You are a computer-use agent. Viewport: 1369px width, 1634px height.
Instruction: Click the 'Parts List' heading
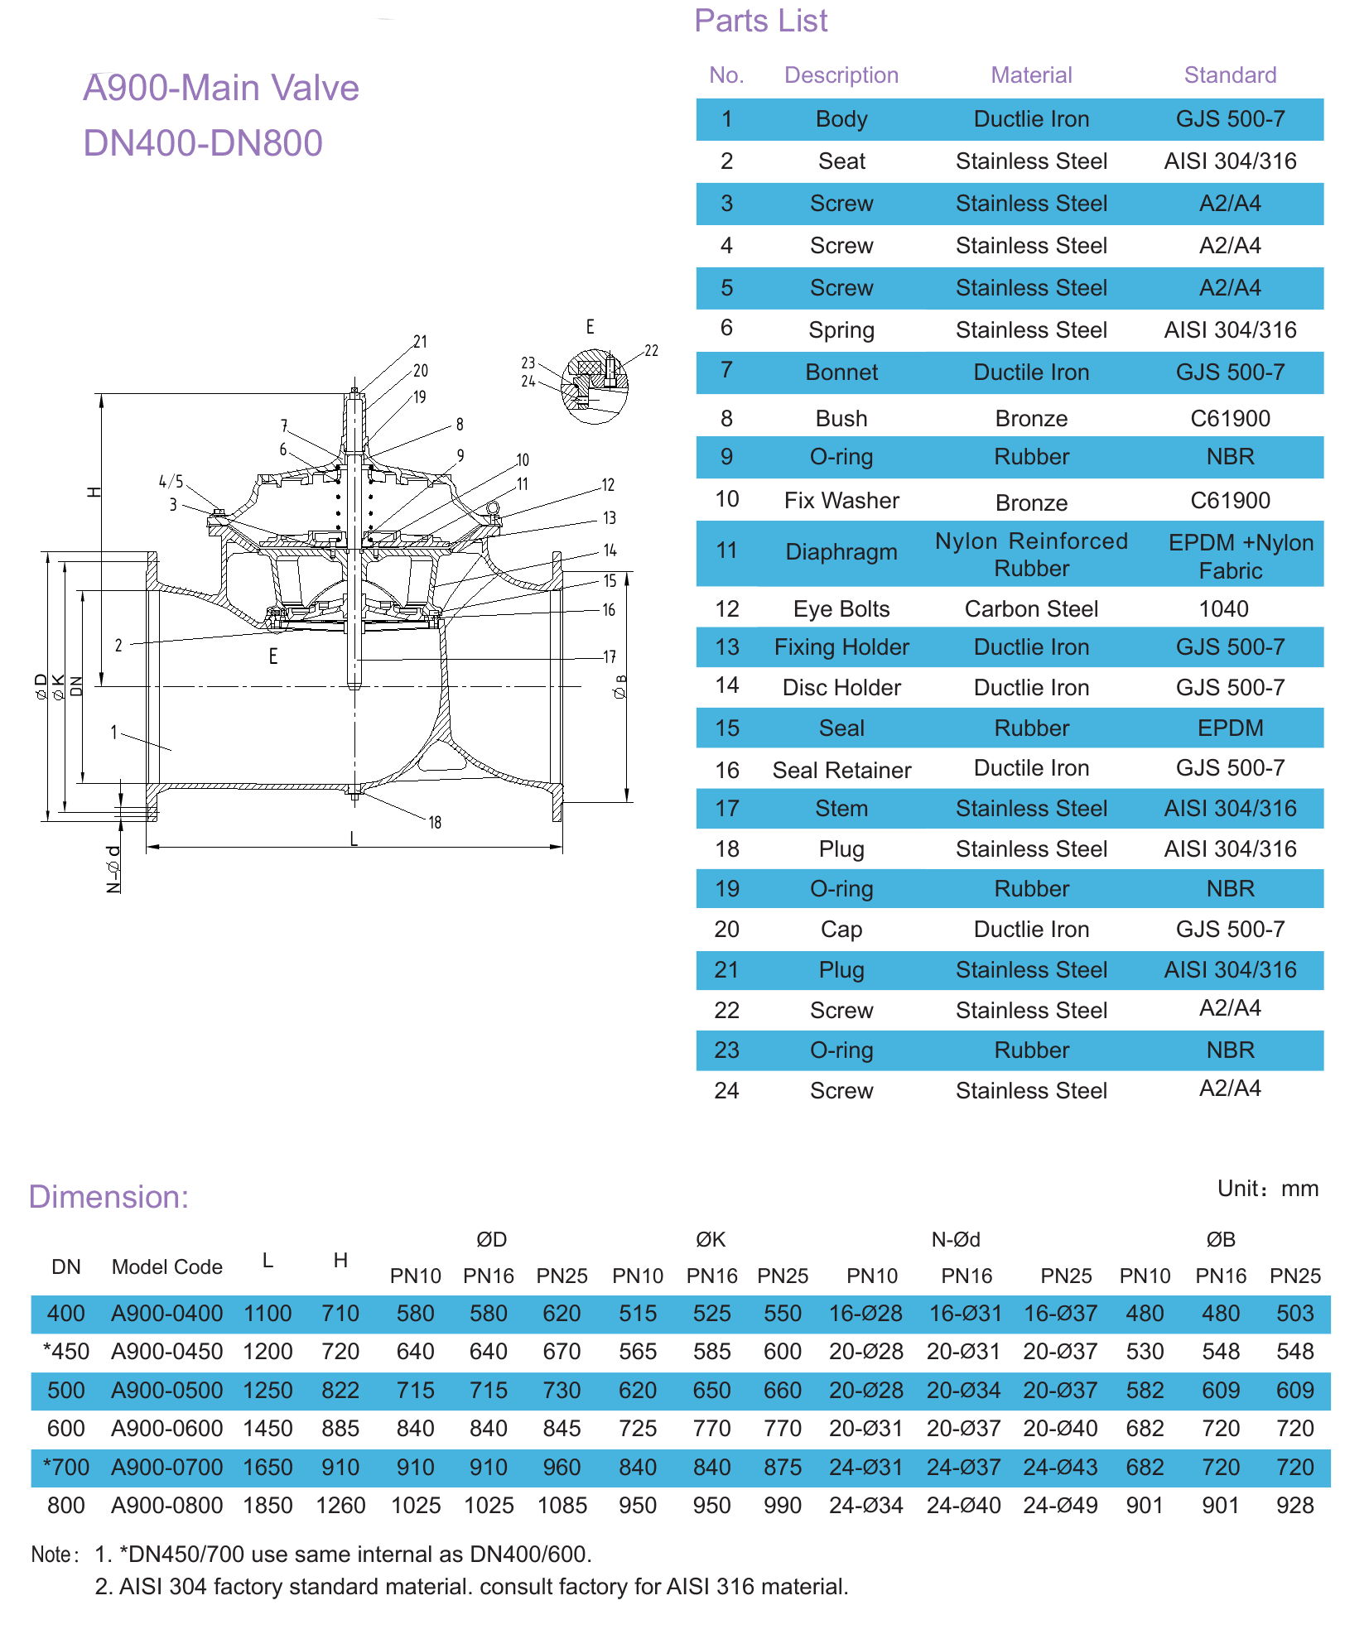[x=760, y=21]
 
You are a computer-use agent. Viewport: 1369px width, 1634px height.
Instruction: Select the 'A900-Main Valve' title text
[x=221, y=88]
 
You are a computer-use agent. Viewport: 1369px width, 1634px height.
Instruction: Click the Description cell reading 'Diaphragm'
[x=841, y=552]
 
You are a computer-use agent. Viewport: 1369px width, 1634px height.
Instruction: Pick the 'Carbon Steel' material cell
[x=1031, y=609]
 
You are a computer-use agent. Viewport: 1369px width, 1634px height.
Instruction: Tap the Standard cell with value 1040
[x=1223, y=609]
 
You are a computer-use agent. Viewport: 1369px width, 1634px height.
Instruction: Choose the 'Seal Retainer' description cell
[x=841, y=770]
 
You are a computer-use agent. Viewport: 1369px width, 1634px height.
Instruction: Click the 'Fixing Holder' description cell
[x=841, y=647]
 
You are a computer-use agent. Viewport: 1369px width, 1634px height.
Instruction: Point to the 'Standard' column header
[x=1230, y=75]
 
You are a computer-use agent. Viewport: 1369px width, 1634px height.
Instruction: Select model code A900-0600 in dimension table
[x=167, y=1429]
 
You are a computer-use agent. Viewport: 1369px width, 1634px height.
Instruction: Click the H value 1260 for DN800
[x=340, y=1506]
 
